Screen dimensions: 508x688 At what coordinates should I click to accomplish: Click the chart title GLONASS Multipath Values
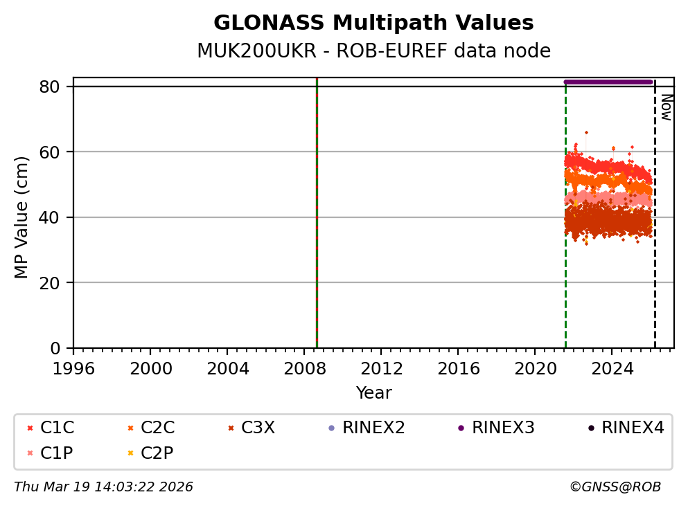pyautogui.click(x=373, y=23)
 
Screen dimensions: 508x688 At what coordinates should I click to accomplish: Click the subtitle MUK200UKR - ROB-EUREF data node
pyautogui.click(x=373, y=51)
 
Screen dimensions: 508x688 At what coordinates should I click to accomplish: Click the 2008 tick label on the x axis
pyautogui.click(x=305, y=368)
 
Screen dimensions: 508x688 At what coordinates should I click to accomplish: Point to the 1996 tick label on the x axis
pyautogui.click(x=74, y=368)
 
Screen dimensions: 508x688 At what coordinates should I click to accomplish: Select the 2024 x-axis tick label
pyautogui.click(x=612, y=368)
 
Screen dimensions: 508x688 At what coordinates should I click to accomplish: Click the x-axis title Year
pyautogui.click(x=373, y=393)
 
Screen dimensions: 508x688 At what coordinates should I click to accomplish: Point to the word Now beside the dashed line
pyautogui.click(x=666, y=107)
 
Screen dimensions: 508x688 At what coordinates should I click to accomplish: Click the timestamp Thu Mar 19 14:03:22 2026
pyautogui.click(x=103, y=487)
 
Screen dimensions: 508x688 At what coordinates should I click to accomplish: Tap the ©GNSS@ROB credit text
pyautogui.click(x=615, y=487)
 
